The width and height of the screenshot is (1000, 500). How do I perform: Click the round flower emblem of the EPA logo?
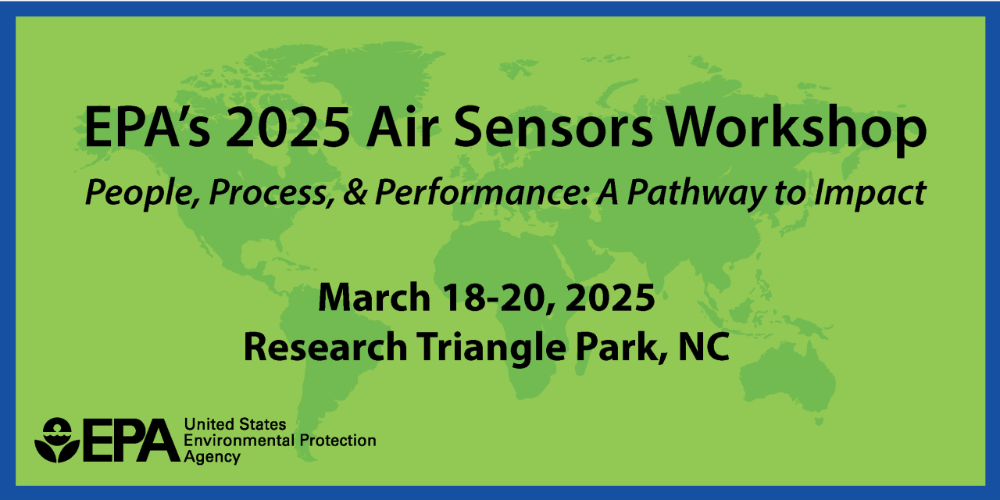click(56, 440)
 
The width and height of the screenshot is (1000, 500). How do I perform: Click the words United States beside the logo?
click(234, 424)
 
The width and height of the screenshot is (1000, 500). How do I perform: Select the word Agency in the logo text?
click(212, 456)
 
